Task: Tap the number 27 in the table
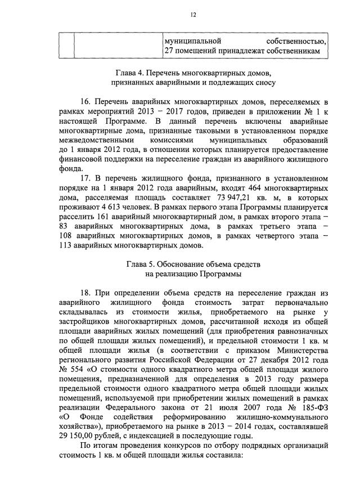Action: coord(168,52)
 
